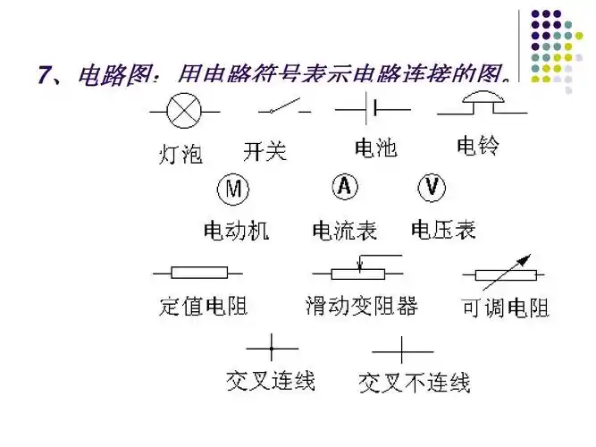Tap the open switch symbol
285,109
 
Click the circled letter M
233,189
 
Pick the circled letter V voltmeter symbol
432,187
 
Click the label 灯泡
180,154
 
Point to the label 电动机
237,231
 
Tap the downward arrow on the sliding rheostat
358,263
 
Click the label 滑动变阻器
361,307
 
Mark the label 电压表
443,230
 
